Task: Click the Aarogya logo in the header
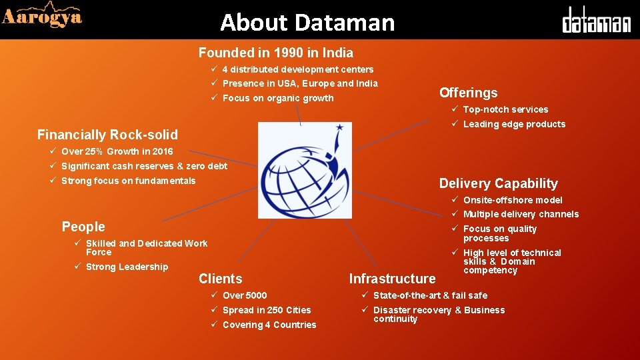(42, 17)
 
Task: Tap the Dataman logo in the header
(595, 21)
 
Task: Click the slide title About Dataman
(307, 23)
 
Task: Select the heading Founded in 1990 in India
(275, 53)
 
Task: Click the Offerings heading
(468, 93)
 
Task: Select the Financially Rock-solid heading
(107, 135)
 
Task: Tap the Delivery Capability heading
(498, 183)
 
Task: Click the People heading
(83, 227)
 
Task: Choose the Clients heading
(220, 279)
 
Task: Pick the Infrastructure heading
(392, 279)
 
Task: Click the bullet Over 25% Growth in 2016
(117, 151)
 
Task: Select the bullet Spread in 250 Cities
(266, 310)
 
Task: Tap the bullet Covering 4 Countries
(269, 325)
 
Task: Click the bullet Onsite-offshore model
(512, 200)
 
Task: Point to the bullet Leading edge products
(513, 124)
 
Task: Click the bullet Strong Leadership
(127, 267)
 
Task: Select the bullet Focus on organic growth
(277, 98)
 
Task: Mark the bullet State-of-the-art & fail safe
(430, 295)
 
